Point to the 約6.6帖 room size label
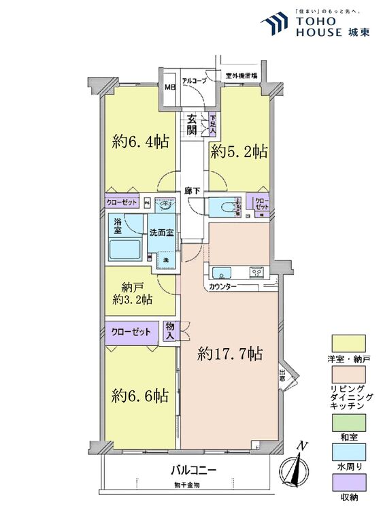[141, 394]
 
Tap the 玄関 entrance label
[195, 124]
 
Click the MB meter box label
[169, 88]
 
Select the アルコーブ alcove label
[195, 80]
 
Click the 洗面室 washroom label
[163, 233]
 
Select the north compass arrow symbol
[297, 468]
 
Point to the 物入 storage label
[171, 332]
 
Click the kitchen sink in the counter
[222, 273]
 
